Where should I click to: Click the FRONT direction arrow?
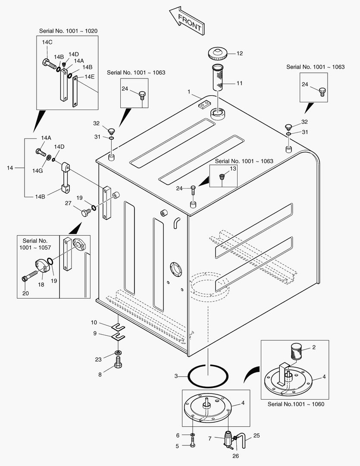186,21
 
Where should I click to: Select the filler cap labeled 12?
217,54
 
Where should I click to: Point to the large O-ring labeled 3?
208,376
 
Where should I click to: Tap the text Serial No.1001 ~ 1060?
296,404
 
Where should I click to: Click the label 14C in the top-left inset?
47,42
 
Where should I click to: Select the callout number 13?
233,169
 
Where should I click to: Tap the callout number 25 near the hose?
257,435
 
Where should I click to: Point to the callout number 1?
189,92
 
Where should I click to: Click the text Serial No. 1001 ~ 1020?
68,31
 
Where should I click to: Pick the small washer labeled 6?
192,435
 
